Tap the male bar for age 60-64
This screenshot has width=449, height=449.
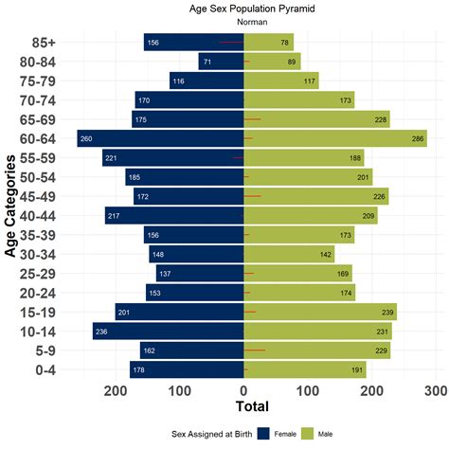[335, 138]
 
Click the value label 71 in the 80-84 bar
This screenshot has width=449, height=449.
[207, 62]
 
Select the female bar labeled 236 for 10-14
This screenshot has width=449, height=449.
[169, 331]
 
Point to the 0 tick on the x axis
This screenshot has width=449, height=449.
[244, 389]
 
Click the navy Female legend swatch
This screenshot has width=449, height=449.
[262, 433]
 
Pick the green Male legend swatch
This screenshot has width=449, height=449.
[308, 433]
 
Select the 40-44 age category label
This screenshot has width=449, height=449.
[44, 215]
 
